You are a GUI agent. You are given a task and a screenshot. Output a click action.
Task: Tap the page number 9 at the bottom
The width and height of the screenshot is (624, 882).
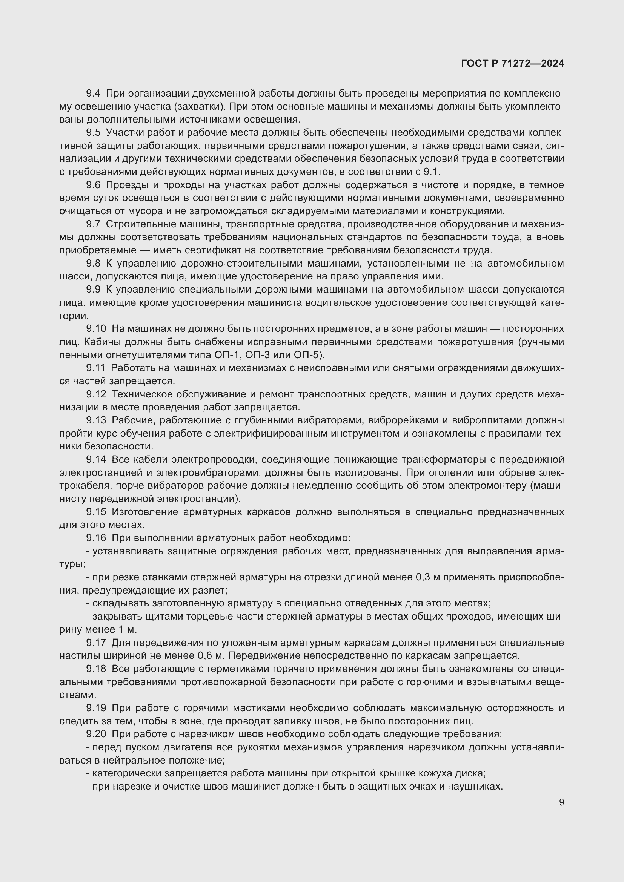point(561,802)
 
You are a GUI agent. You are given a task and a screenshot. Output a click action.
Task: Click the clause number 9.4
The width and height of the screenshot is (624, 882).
point(93,94)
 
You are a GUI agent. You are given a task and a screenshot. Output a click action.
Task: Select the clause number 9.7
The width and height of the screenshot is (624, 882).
point(93,224)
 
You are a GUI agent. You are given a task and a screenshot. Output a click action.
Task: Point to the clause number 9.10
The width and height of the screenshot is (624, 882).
point(96,328)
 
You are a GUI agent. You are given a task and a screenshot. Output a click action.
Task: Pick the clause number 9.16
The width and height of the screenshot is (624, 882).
point(96,538)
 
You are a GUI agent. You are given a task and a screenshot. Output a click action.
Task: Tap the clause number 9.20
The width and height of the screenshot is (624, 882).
point(96,734)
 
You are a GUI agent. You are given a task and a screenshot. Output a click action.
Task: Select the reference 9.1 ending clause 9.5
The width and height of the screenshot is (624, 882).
point(433,172)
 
